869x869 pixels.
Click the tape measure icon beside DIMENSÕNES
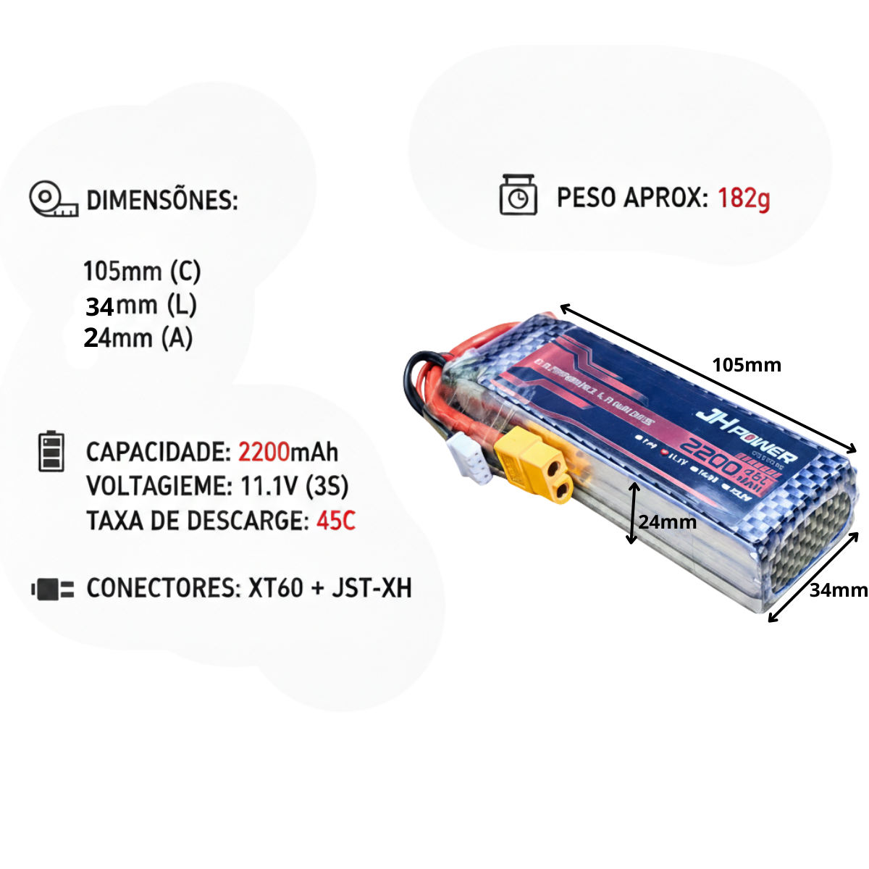point(53,199)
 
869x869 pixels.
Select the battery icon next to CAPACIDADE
point(51,452)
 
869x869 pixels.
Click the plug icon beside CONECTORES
point(53,589)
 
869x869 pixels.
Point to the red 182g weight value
point(744,198)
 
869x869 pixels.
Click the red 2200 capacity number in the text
point(264,452)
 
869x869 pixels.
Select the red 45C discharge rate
point(336,521)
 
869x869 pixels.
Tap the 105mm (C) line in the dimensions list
point(142,271)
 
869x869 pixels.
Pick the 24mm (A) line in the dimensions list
point(138,337)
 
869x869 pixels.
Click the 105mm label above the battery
point(747,365)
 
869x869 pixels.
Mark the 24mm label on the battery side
point(668,522)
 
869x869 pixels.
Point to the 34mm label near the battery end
point(838,590)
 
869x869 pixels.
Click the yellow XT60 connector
point(534,466)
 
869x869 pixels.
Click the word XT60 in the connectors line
point(275,588)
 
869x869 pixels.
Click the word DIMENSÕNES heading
point(162,200)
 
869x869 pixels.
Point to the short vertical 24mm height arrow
point(633,513)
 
